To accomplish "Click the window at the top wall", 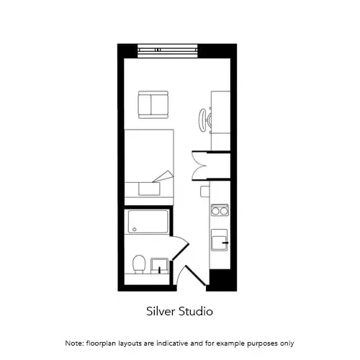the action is (168, 51).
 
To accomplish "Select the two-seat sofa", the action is (153, 104).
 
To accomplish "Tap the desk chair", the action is (204, 120).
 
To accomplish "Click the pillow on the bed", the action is (149, 189).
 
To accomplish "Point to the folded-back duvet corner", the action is (163, 176).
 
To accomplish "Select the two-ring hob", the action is (220, 210).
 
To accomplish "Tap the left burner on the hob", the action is (215, 211).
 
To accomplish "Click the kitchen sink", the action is (219, 240).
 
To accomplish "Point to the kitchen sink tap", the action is (225, 243).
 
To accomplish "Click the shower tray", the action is (148, 222).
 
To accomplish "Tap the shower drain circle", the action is (135, 230).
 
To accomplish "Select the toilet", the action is (139, 264).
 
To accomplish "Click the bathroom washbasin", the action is (159, 266).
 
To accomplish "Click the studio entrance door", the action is (192, 276).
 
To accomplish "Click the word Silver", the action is (161, 311).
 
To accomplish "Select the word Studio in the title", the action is (196, 311).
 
